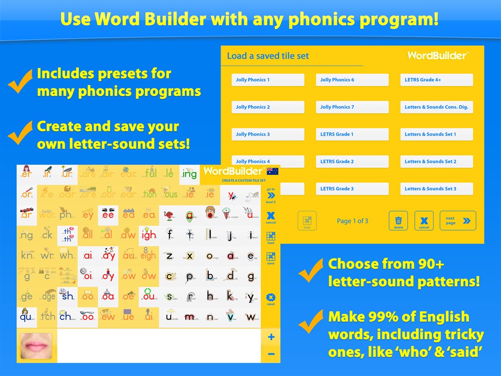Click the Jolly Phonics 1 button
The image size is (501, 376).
tap(267, 80)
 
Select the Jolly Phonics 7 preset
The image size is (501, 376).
tap(352, 107)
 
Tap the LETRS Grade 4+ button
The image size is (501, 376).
tap(437, 80)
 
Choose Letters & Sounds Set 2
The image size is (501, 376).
tap(437, 161)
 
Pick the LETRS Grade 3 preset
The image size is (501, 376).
tap(352, 189)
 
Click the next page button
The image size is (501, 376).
tap(458, 221)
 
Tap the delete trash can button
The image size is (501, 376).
tap(398, 221)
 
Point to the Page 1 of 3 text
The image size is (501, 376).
tap(352, 221)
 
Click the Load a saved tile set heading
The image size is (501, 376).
tap(268, 56)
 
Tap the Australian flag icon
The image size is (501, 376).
tap(273, 171)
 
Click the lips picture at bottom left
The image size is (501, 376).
tap(36, 345)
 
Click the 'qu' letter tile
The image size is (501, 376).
tap(26, 316)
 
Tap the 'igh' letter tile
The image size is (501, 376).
tap(148, 235)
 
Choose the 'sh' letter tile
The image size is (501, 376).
tap(67, 296)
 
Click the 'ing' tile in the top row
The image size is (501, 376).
tap(189, 174)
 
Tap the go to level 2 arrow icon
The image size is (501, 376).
tap(271, 195)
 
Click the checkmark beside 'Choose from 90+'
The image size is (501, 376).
tap(311, 273)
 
